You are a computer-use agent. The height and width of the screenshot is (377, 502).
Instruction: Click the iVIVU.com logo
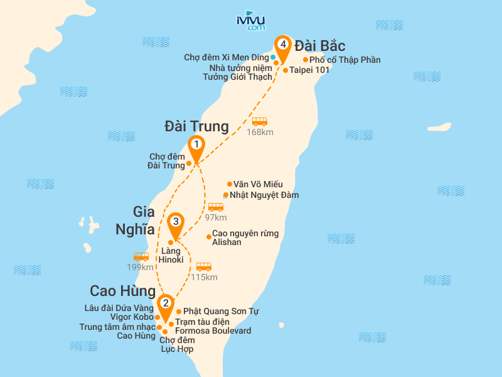coord(250,21)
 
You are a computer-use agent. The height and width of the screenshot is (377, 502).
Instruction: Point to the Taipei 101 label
coord(309,70)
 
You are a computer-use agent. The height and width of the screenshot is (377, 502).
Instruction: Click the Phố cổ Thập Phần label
coord(345,60)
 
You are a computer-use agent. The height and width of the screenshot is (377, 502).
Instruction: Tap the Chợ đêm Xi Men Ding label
coord(227,57)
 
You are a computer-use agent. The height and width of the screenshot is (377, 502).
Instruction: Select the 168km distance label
coord(260,132)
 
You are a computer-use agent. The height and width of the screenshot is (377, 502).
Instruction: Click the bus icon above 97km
coord(216,207)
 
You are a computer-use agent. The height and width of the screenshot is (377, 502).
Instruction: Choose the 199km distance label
coord(140,267)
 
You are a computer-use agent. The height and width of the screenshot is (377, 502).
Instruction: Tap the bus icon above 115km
coord(204,266)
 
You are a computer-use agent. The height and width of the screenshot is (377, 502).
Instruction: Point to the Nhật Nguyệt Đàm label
coord(264,195)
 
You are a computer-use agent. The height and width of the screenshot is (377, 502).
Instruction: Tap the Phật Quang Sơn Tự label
coord(221,312)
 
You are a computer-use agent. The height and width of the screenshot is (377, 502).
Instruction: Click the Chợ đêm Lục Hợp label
coord(176,345)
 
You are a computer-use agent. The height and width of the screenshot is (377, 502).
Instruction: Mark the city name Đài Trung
coord(196,126)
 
